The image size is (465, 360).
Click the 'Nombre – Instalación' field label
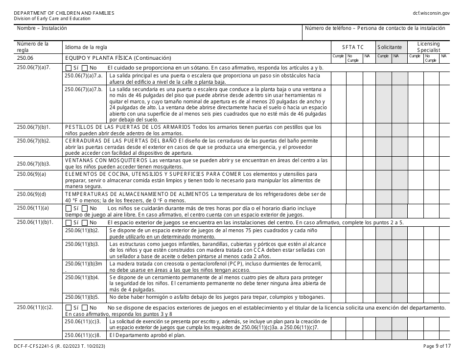click(42, 28)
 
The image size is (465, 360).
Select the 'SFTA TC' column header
click(353, 47)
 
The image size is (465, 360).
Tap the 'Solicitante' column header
click(390, 47)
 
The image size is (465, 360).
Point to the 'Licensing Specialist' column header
click(428, 47)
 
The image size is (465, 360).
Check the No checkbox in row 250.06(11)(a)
click(85, 208)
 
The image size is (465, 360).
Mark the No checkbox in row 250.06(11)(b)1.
click(85, 222)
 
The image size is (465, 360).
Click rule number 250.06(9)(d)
click(31, 194)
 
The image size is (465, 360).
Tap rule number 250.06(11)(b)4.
click(82, 277)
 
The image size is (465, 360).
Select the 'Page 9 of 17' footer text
click(436, 347)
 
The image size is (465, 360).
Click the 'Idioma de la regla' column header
click(84, 47)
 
